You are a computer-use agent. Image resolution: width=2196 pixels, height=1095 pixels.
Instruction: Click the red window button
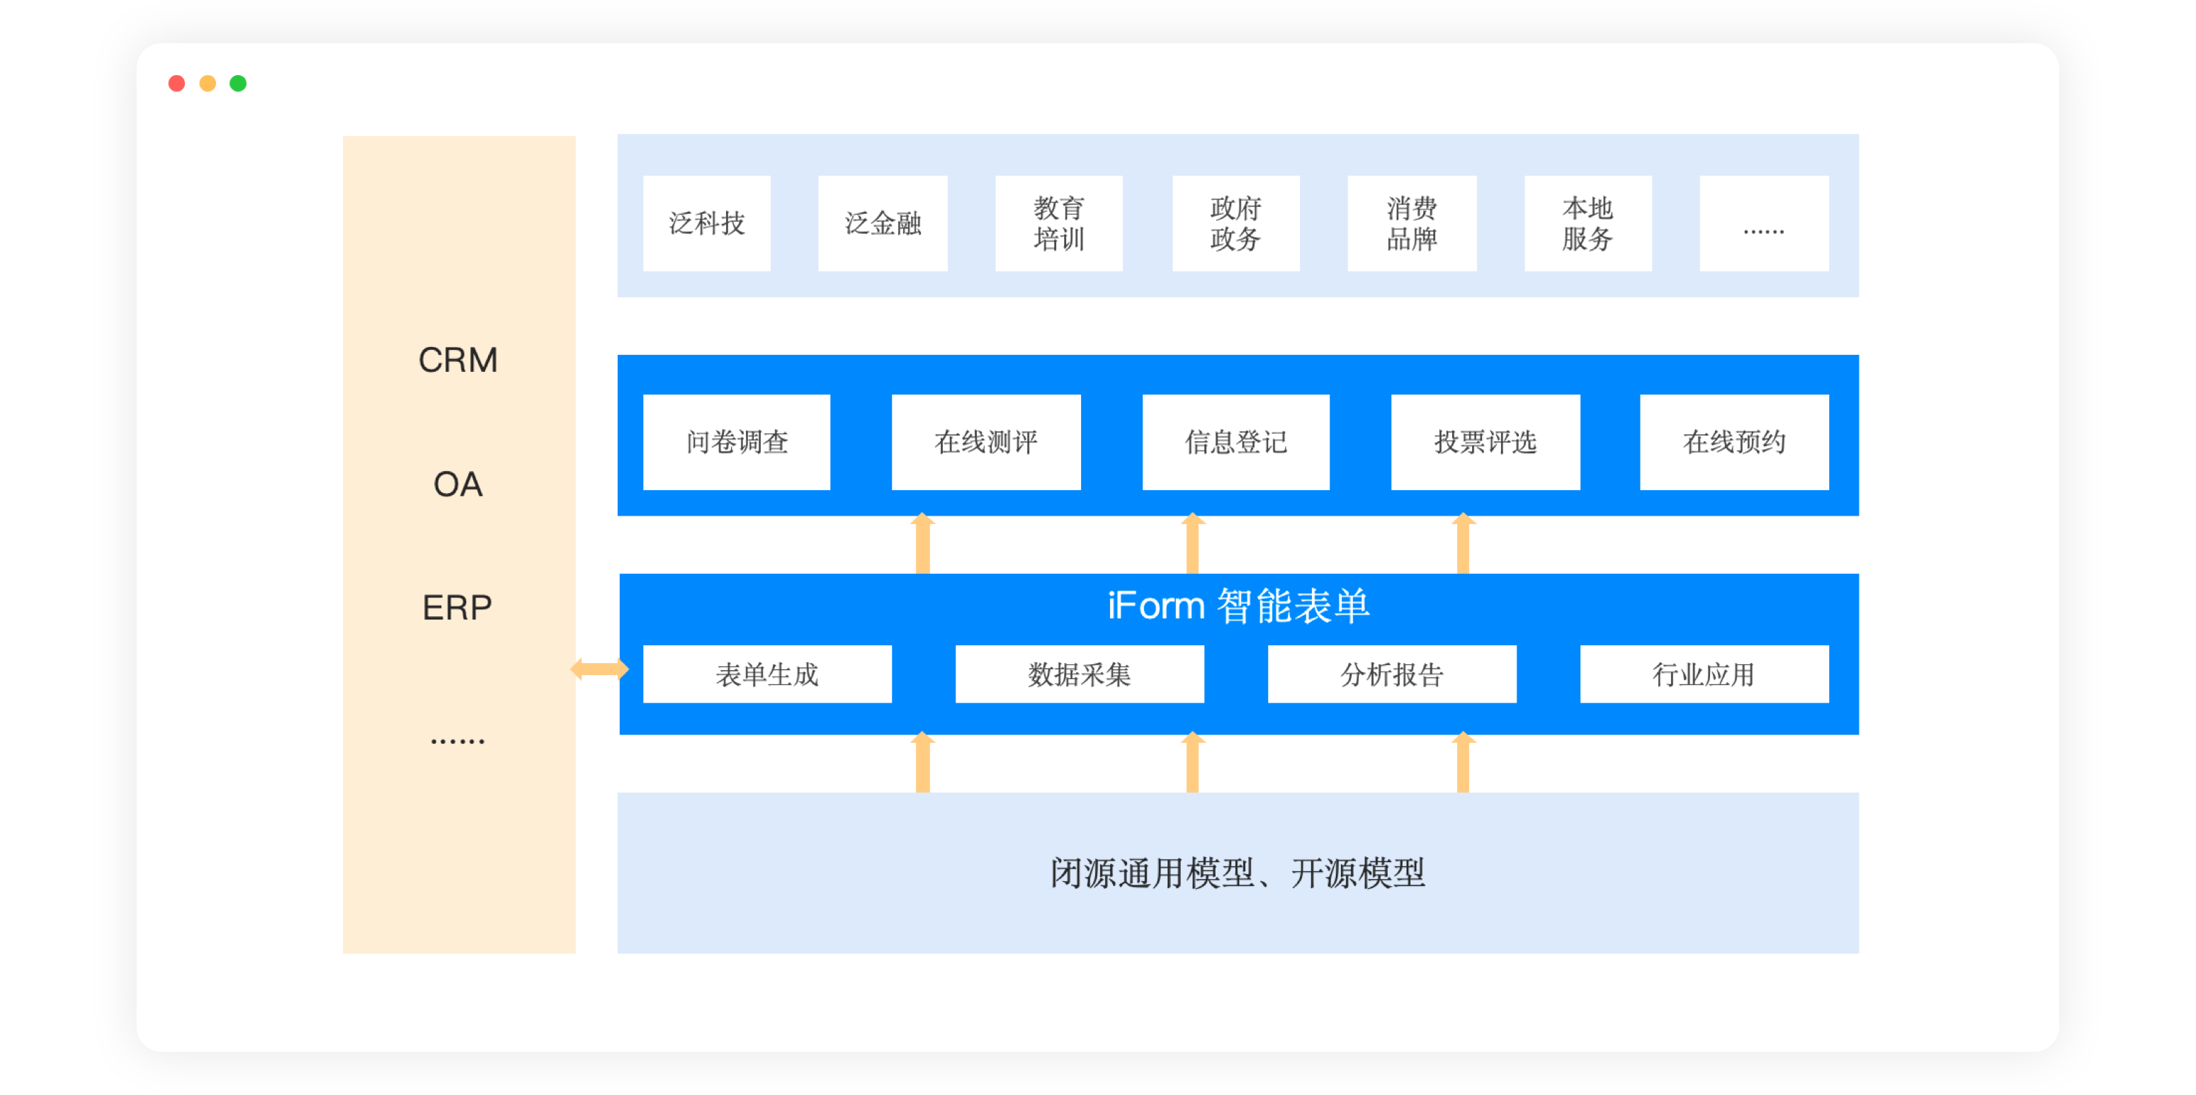point(176,84)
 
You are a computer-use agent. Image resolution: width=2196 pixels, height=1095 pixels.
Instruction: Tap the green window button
point(238,84)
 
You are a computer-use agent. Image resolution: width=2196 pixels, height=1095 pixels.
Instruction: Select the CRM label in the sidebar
point(458,361)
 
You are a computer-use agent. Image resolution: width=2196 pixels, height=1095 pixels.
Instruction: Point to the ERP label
point(457,608)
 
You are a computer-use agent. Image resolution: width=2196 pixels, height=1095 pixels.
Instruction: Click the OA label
point(458,484)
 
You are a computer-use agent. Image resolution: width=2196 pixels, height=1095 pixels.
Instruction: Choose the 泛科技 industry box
point(707,223)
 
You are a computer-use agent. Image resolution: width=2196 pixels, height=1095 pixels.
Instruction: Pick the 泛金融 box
point(883,223)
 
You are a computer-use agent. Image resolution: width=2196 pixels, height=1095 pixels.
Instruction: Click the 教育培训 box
point(1059,223)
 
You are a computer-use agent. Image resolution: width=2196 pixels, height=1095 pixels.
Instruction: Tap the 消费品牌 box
point(1412,223)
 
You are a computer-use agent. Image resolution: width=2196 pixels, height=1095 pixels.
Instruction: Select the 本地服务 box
point(1587,223)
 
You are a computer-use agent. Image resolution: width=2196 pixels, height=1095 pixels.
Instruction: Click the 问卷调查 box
point(737,441)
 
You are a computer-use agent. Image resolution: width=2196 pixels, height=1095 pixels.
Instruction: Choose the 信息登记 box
point(1235,441)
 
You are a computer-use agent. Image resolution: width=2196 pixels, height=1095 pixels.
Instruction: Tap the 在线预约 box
point(1734,441)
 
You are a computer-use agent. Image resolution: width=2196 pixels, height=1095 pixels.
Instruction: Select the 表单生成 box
point(767,674)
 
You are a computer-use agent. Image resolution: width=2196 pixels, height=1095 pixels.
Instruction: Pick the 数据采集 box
point(1080,674)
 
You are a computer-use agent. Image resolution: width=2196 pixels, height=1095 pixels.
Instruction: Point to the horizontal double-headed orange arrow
point(599,669)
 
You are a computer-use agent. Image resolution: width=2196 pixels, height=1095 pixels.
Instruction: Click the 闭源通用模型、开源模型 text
point(1238,873)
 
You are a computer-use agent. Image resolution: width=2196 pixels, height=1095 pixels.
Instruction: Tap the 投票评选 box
point(1485,441)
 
